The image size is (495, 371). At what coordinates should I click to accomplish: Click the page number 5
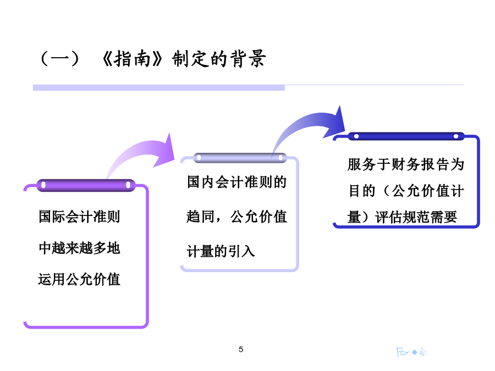241,349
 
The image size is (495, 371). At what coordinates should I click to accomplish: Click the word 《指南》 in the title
132,59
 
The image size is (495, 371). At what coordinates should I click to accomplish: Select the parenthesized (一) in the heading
59,59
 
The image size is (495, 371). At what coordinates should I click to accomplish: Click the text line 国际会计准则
79,217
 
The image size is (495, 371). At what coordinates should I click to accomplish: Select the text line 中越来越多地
79,248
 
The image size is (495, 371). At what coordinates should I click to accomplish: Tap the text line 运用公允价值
79,279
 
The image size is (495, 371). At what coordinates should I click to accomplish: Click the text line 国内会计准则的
237,182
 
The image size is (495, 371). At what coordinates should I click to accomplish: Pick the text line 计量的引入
221,251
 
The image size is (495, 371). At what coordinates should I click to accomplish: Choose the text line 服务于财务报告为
406,164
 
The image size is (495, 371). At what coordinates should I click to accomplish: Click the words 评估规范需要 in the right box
416,217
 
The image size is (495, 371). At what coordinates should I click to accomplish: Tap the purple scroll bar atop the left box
86,185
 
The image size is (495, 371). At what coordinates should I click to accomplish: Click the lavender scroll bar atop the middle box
240,158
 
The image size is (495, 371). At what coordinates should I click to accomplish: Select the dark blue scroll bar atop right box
406,136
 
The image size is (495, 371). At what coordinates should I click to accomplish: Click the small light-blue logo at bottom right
411,351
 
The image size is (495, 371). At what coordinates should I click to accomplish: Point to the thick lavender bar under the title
159,87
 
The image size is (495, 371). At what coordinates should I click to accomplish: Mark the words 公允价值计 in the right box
428,191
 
